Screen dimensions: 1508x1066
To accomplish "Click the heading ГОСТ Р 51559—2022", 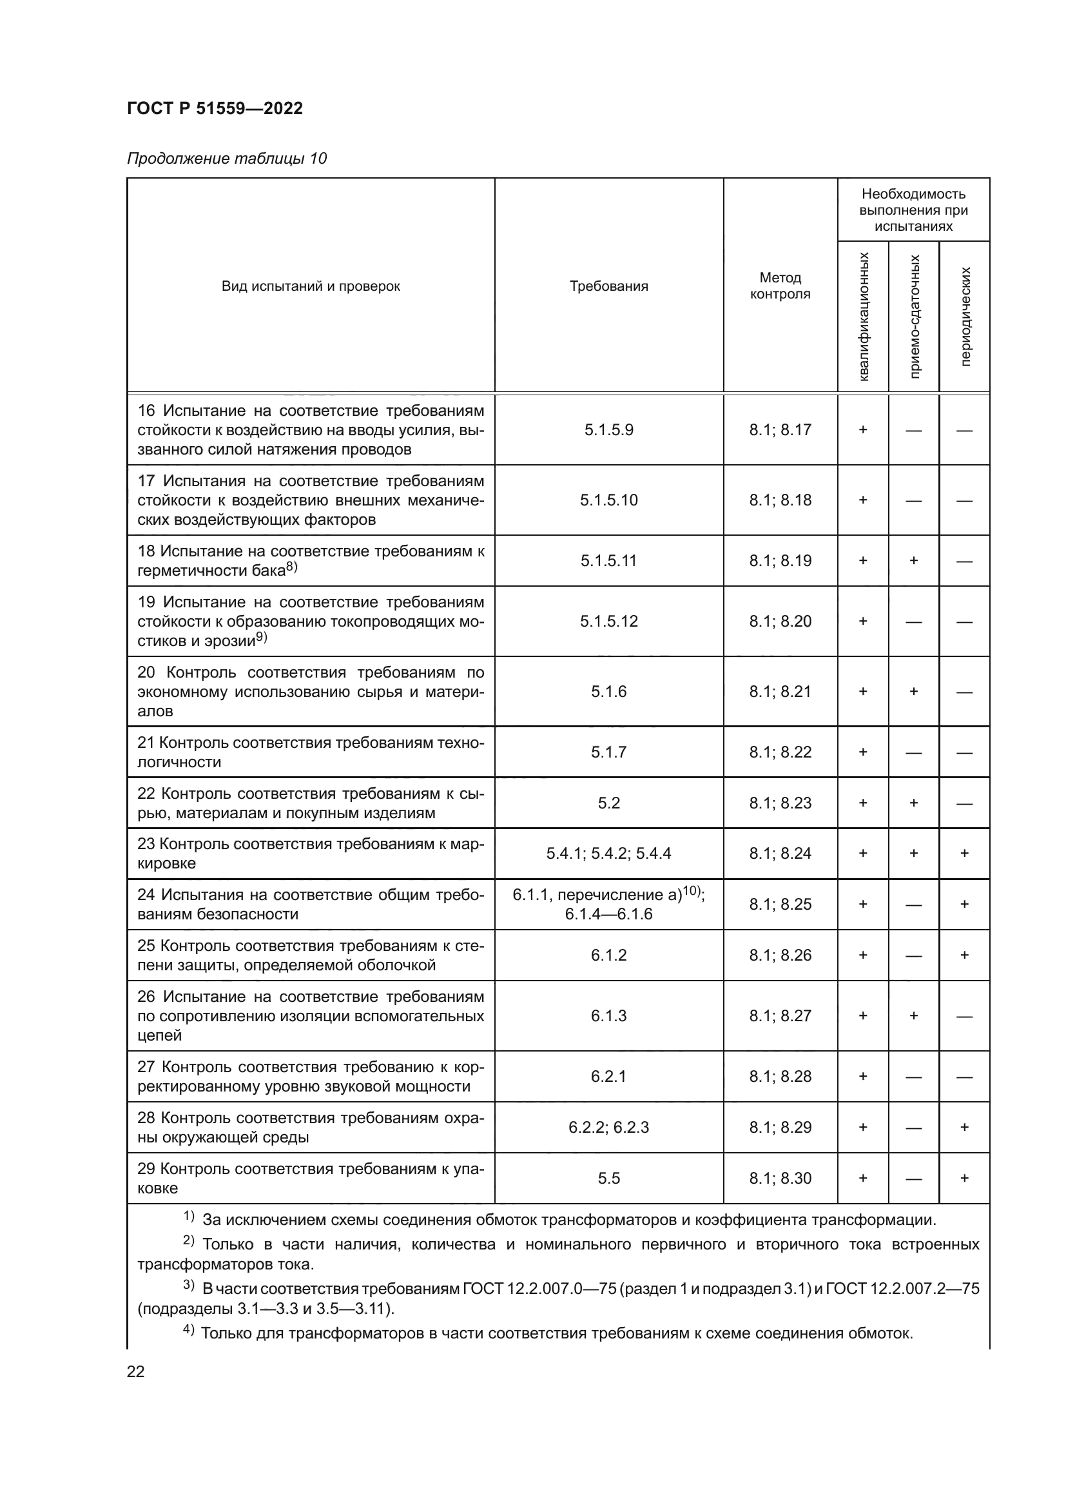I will point(215,108).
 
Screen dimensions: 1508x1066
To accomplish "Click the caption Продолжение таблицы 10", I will point(226,159).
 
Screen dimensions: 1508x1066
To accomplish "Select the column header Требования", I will point(608,286).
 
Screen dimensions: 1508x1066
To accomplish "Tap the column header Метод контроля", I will point(780,286).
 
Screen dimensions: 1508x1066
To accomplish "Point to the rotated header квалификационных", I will point(863,317).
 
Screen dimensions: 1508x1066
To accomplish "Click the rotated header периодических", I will point(964,317).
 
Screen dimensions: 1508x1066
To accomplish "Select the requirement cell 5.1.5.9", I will point(608,430).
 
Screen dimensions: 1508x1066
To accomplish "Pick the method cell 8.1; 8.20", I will point(780,622).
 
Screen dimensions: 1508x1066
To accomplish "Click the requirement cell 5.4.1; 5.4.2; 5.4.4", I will point(608,853).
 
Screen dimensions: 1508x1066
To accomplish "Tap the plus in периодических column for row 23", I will point(964,853).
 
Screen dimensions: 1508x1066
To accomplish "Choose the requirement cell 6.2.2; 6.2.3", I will point(608,1128).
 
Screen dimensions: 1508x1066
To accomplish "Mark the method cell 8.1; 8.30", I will point(780,1179).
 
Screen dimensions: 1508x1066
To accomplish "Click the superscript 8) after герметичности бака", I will point(291,567).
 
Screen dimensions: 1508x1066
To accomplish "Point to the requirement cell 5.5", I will point(608,1179).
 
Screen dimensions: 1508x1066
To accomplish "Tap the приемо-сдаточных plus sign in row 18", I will point(913,561).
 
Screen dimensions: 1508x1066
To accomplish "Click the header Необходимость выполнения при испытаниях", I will point(913,210).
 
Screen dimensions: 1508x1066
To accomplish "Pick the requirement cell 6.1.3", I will point(608,1016).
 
